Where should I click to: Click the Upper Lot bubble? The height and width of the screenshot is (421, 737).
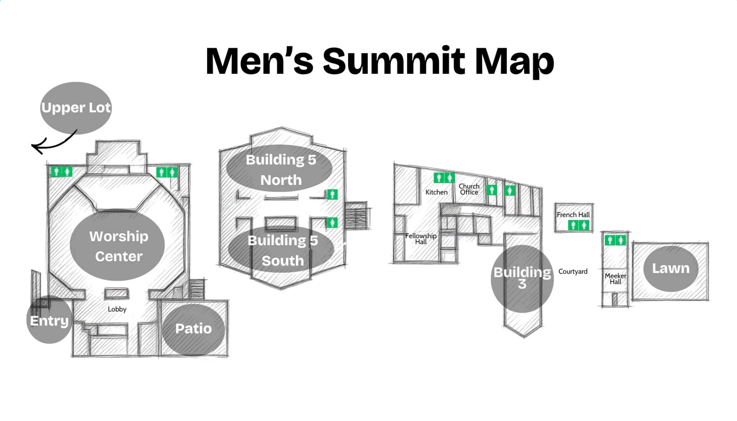(76, 108)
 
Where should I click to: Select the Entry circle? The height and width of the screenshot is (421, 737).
(49, 320)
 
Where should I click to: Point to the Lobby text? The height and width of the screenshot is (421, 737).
(117, 309)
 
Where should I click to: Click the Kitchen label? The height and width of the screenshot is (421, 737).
(437, 192)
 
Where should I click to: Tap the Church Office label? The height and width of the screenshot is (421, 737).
(469, 189)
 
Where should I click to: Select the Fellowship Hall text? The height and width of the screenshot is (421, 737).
(421, 239)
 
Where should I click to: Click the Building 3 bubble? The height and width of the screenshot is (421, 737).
(522, 279)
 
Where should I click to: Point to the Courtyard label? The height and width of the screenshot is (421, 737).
(573, 272)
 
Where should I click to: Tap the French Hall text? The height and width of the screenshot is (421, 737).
(573, 215)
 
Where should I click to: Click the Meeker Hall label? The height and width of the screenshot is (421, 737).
(615, 279)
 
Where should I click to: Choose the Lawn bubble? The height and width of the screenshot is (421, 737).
(671, 268)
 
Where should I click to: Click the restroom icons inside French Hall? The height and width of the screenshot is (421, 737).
(579, 225)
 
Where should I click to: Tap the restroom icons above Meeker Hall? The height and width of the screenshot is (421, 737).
(615, 240)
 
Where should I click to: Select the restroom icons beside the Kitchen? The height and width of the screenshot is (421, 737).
(444, 178)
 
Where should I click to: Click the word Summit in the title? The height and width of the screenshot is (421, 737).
(394, 61)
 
